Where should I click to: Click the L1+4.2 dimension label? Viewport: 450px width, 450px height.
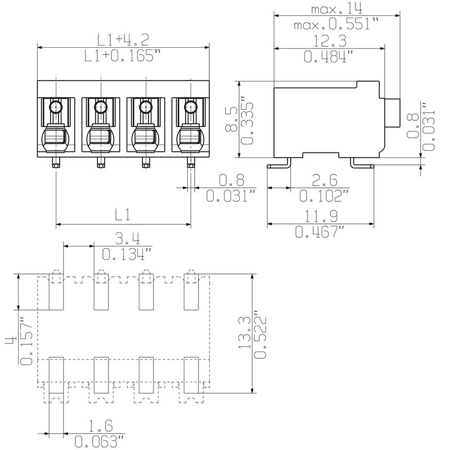(123, 39)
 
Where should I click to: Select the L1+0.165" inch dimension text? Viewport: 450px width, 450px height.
(123, 56)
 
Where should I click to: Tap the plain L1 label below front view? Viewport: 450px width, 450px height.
(123, 214)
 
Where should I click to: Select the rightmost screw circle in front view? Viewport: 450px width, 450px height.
(191, 107)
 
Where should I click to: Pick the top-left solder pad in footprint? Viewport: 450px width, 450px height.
(56, 292)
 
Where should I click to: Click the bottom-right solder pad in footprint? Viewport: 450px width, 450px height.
(191, 374)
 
